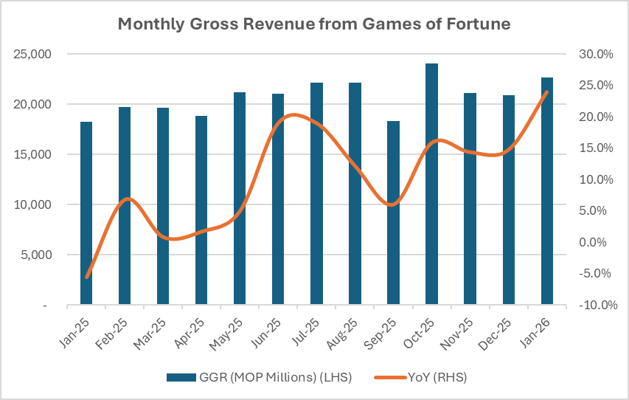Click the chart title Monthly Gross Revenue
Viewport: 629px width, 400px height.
click(314, 24)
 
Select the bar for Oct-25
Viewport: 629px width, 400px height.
click(431, 185)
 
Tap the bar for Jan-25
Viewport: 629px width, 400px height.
click(86, 213)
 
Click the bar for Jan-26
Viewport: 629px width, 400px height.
click(546, 191)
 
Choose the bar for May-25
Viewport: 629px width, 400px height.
click(240, 199)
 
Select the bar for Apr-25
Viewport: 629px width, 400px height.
click(201, 210)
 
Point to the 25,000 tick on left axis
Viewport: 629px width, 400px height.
click(31, 55)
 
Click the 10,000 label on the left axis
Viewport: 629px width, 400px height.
click(31, 205)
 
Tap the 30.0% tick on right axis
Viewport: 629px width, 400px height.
click(594, 55)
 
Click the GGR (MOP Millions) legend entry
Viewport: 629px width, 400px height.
click(258, 377)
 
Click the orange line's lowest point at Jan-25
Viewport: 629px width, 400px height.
click(87, 277)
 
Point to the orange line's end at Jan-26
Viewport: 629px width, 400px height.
click(546, 92)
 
